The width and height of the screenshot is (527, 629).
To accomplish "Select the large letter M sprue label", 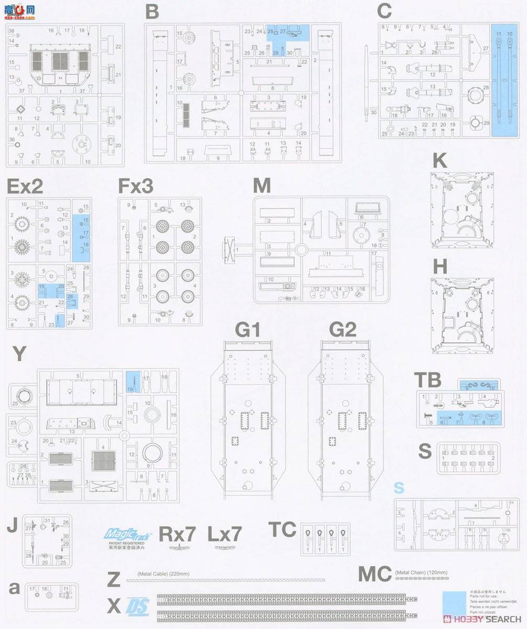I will click(x=261, y=186).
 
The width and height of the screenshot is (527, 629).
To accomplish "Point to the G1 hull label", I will click(x=248, y=330).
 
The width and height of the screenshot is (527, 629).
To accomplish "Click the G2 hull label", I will click(x=343, y=330).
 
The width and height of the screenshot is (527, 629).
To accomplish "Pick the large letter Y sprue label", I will click(x=18, y=354).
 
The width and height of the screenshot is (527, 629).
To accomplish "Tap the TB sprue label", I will click(x=427, y=380).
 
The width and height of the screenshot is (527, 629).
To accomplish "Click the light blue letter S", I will click(x=399, y=488).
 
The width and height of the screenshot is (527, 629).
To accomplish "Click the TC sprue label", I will click(x=282, y=529).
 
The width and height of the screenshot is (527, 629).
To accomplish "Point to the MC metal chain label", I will click(x=375, y=574).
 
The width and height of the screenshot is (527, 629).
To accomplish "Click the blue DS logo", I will click(x=138, y=606).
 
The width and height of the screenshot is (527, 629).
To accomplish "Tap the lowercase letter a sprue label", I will click(x=15, y=588).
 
